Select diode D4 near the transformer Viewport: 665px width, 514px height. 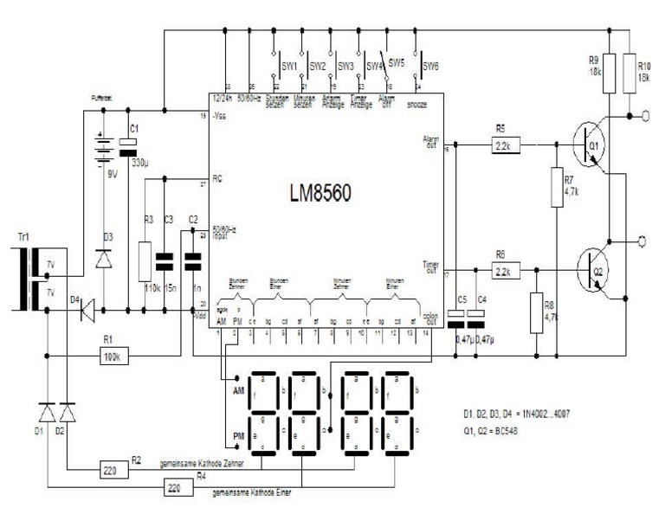coord(87,307)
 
